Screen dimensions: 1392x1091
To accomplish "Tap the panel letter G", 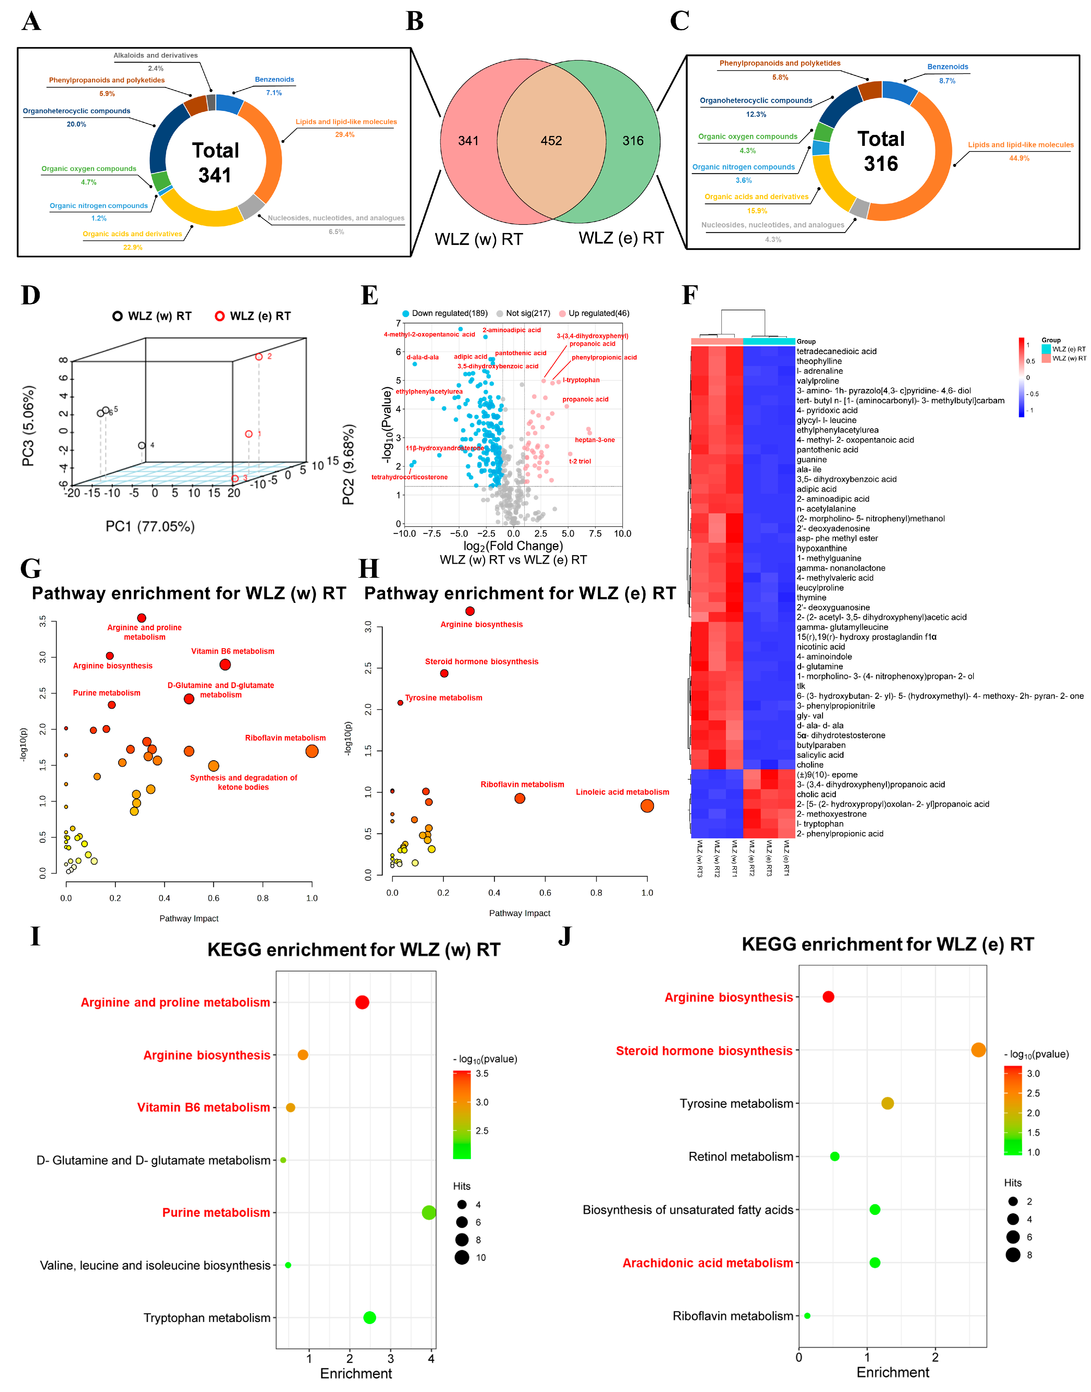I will (31, 568).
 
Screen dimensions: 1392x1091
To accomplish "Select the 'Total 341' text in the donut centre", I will (215, 163).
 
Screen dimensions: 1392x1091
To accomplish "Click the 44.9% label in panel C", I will (1019, 158).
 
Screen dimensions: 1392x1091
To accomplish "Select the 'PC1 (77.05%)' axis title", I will (150, 526).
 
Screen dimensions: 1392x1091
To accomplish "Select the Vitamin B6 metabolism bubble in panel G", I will (225, 665).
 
